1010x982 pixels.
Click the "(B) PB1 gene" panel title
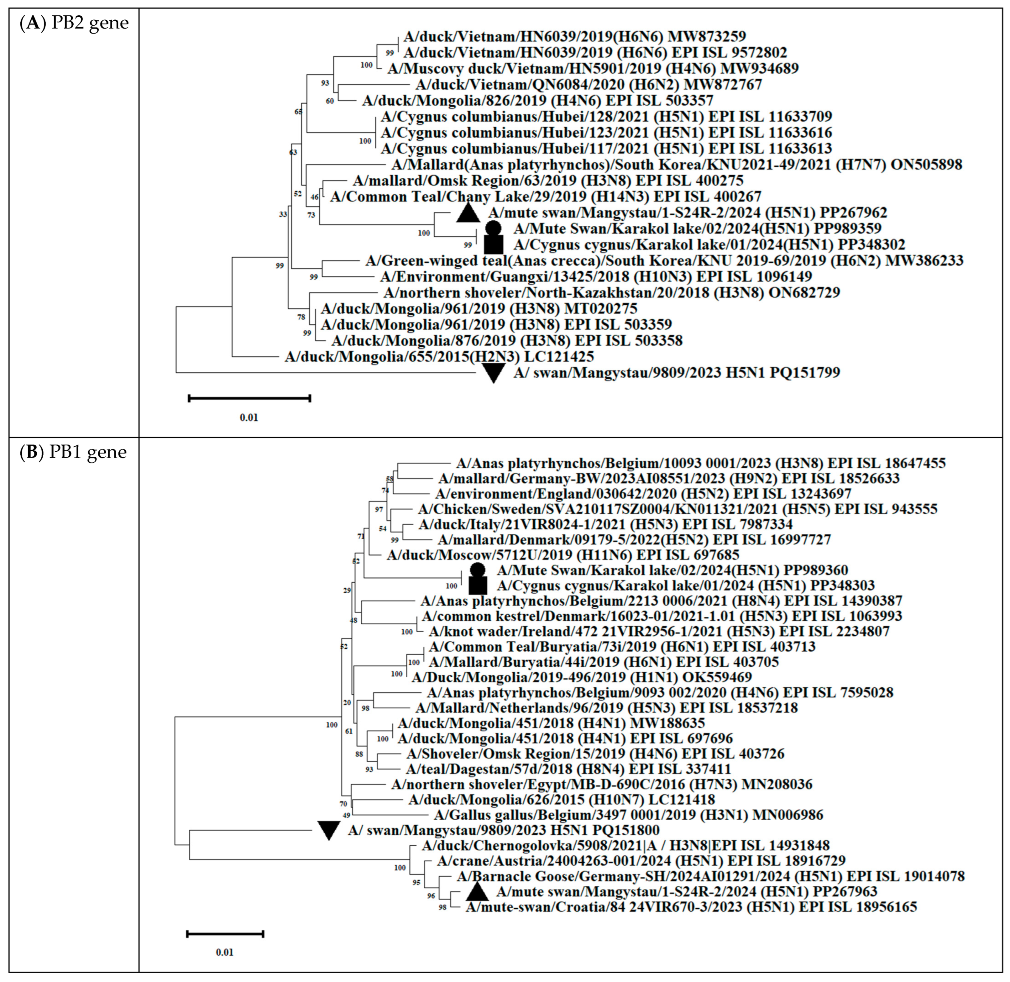(73, 452)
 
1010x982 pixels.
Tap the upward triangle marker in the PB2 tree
(469, 213)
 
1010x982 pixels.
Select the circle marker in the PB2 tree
(493, 228)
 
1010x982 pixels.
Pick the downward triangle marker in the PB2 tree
(493, 372)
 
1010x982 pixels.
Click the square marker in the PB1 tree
(478, 586)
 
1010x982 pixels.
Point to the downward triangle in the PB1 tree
(328, 830)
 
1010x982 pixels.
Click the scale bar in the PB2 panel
(249, 398)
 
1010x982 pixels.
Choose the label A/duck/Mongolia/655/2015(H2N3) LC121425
(439, 356)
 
